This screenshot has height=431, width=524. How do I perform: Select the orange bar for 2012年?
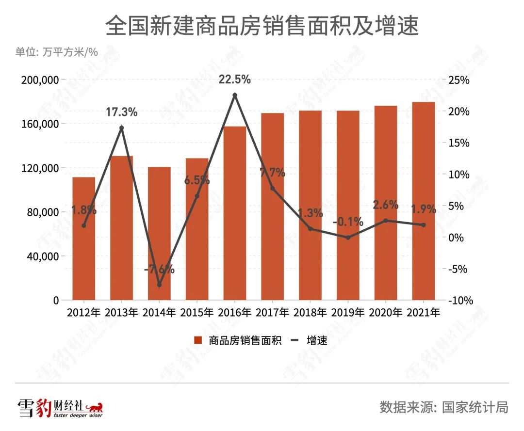83,242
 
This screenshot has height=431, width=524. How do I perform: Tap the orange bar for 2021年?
423,204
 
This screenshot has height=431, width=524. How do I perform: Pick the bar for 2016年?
235,218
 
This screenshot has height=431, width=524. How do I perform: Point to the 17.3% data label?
121,112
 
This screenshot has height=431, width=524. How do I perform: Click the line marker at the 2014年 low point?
159,285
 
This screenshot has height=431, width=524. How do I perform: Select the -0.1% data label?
348,222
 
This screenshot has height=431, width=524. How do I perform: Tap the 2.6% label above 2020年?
385,205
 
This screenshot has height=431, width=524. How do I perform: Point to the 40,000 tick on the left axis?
43,256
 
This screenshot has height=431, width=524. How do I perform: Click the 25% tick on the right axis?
458,80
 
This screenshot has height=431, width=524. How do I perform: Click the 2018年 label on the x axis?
310,312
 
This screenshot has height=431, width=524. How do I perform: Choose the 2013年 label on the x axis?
121,312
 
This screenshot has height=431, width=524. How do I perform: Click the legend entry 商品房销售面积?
238,340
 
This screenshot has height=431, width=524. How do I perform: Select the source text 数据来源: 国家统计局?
443,407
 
